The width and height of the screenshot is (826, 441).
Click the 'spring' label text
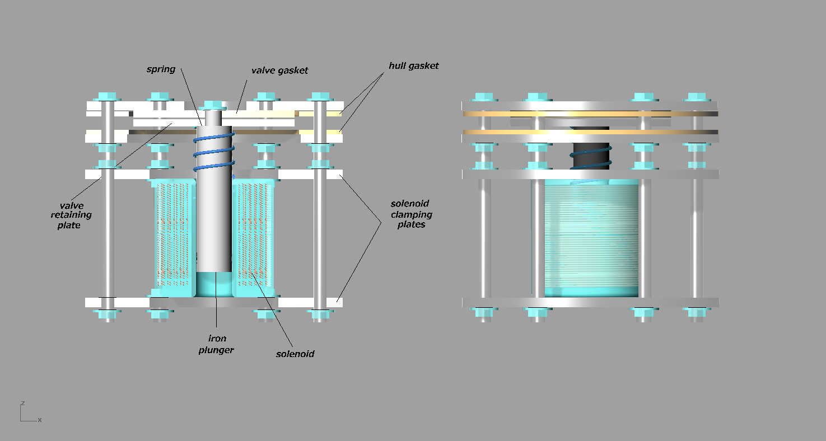pos(161,69)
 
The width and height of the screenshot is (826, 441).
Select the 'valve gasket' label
pos(279,71)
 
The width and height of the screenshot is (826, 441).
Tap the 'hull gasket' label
pos(414,66)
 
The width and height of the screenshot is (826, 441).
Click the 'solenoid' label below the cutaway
pos(295,354)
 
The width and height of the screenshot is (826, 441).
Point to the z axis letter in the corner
pos(23,403)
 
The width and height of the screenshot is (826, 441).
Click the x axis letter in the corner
pos(40,420)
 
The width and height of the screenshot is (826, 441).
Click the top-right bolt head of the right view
pos(696,97)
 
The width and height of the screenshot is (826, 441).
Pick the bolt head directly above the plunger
pos(213,105)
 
